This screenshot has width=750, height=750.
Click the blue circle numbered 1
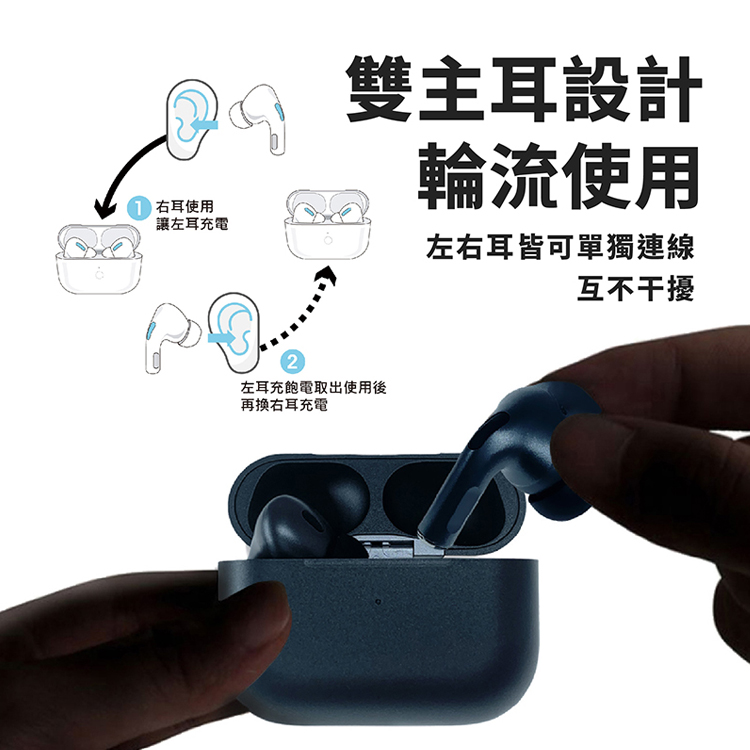(138, 209)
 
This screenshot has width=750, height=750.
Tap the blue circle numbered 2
(292, 361)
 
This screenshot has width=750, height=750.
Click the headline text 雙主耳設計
(524, 89)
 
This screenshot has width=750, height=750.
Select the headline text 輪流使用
(559, 175)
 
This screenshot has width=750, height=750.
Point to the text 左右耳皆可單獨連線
(560, 247)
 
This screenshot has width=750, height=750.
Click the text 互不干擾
(636, 287)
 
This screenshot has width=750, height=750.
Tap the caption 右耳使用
(185, 207)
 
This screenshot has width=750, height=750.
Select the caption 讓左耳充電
(192, 223)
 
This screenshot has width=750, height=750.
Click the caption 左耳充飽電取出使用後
(314, 387)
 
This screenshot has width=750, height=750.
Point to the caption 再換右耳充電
(284, 405)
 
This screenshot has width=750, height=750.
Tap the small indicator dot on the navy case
(378, 601)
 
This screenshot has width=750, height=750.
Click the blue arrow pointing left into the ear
(204, 125)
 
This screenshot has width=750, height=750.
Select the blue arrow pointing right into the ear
(222, 338)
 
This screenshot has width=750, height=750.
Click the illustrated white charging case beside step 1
(99, 259)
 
